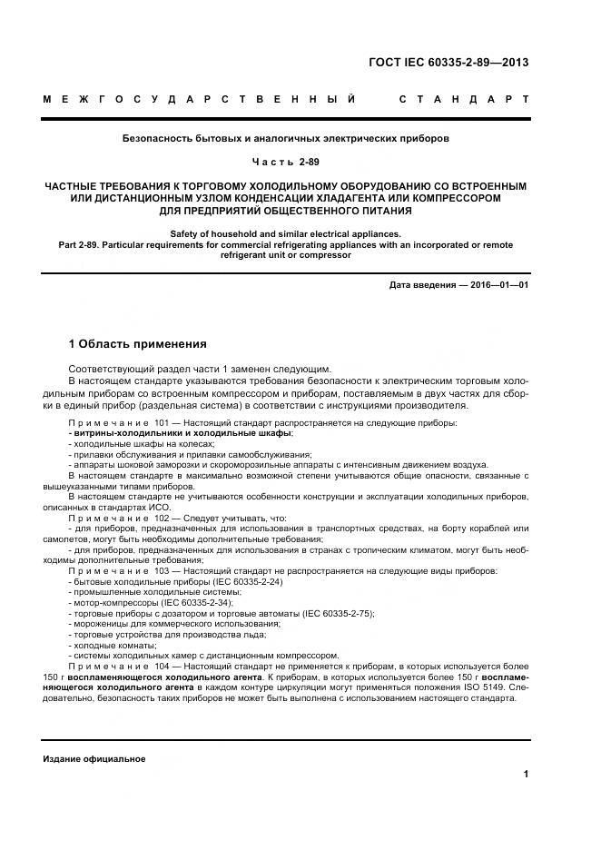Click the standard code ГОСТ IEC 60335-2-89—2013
pos(448,63)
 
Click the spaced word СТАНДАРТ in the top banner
pos(464,98)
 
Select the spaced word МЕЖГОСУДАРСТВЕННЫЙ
pos(199,98)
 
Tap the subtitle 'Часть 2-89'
pos(286,162)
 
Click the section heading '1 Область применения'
pos(138,344)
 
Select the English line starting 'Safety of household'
pos(286,234)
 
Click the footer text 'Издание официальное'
pos(94,758)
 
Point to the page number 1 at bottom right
pos(526,774)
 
